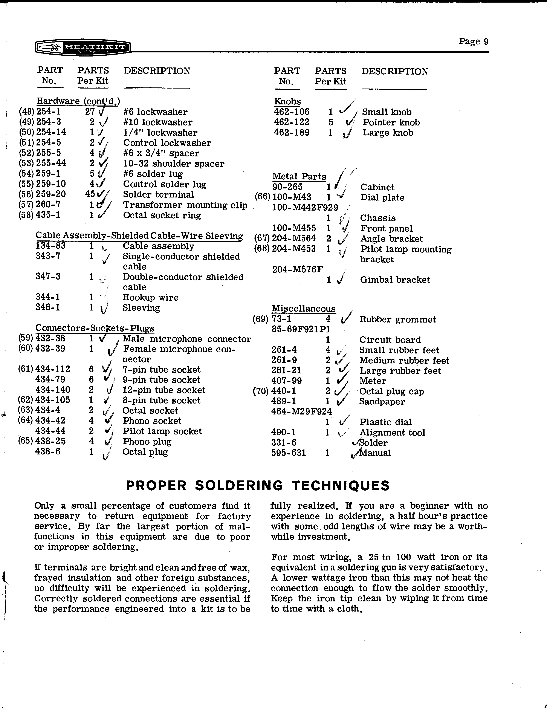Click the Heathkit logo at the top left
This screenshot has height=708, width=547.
(83, 48)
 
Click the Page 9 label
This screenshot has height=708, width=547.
(474, 41)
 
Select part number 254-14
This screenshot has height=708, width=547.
(51, 132)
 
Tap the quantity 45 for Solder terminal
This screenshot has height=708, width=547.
(90, 194)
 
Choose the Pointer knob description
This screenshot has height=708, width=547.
(391, 122)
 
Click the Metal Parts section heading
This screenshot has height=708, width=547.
(299, 177)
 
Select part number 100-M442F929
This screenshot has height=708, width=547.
(305, 208)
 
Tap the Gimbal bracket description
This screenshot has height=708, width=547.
(395, 280)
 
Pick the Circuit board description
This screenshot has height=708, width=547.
(390, 340)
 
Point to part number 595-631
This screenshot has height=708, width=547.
(288, 453)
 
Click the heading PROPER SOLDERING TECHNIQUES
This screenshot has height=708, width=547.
(258, 486)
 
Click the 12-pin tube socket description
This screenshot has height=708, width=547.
(164, 390)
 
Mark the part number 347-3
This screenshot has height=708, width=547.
(48, 277)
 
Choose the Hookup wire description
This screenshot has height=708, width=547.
(150, 298)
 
